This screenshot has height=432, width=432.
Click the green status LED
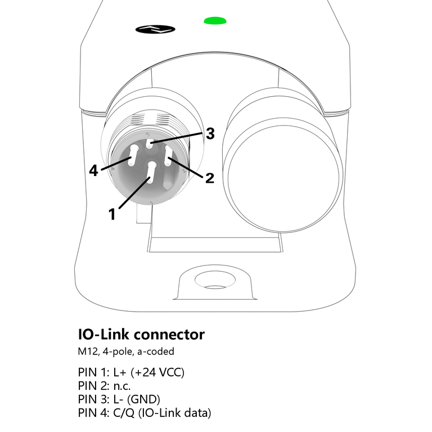point(215,21)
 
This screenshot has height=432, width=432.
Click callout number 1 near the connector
point(112,213)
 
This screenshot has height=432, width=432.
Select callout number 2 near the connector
point(209,178)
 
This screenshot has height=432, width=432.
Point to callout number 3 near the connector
point(209,134)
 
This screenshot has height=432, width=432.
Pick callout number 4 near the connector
point(94,170)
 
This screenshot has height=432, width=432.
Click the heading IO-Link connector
point(141,335)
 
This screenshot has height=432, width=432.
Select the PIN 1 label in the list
point(93,372)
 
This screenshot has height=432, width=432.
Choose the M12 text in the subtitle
point(88,352)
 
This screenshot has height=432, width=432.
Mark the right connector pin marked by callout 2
point(168,155)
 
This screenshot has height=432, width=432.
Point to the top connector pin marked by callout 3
point(150,143)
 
